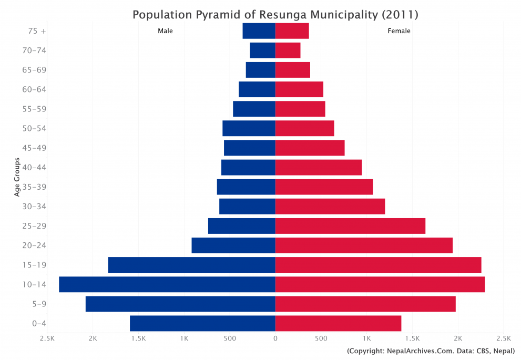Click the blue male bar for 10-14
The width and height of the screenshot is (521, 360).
[x=167, y=284]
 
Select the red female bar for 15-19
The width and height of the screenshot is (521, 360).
[x=378, y=265]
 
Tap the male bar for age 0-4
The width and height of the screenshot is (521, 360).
[x=202, y=323]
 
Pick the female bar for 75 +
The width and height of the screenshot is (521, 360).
[x=292, y=31]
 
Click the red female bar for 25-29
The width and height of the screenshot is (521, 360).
[x=350, y=226]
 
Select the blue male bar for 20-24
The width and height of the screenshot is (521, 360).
[x=233, y=245]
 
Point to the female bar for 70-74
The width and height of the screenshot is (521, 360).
[x=288, y=50]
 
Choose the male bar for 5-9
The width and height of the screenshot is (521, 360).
[x=180, y=304]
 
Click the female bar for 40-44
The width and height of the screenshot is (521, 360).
[x=318, y=168]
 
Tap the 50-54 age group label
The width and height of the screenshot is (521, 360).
[x=35, y=129]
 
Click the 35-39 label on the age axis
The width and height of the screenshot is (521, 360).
[x=35, y=187]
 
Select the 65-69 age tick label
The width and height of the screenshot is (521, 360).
[x=35, y=70]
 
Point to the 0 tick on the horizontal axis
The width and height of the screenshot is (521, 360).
[x=275, y=338]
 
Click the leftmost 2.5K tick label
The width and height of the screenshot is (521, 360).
[x=47, y=338]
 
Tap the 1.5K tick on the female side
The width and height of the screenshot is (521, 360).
[x=412, y=338]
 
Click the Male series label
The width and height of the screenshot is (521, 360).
[x=165, y=31]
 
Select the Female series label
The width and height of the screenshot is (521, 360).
[x=399, y=31]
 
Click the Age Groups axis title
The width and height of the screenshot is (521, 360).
[x=17, y=177]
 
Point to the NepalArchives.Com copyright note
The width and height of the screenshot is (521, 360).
[x=431, y=351]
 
